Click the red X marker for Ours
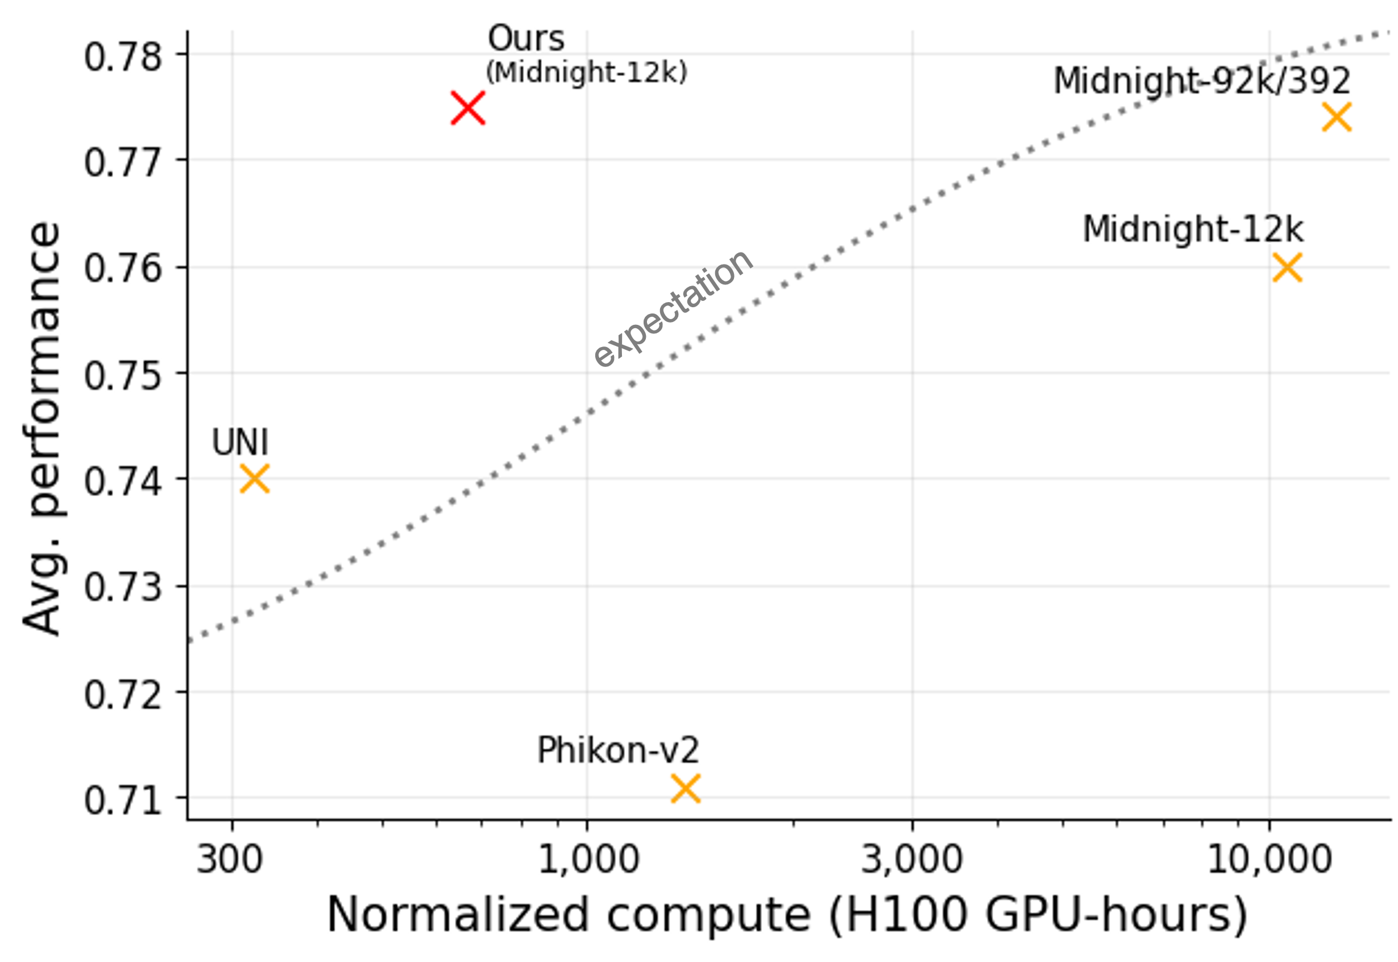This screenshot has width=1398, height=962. click(x=468, y=109)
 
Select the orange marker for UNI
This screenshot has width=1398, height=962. click(x=254, y=479)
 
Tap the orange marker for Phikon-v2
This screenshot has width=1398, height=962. click(x=686, y=788)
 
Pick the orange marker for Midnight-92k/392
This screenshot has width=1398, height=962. click(x=1337, y=117)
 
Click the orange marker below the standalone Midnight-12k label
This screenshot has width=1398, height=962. click(x=1288, y=267)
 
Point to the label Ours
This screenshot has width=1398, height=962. click(x=526, y=39)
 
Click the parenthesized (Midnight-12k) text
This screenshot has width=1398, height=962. click(x=586, y=73)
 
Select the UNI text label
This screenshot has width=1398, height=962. click(x=240, y=443)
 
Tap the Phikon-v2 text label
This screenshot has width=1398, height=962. click(x=618, y=751)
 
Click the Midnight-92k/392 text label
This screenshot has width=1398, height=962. click(x=1202, y=81)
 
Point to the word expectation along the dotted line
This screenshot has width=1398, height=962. click(x=673, y=308)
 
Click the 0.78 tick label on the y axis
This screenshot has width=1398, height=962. click(x=123, y=58)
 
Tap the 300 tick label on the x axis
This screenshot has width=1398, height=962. click(x=230, y=860)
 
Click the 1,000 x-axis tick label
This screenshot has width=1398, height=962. click(x=588, y=860)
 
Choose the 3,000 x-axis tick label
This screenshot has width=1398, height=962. click(x=911, y=860)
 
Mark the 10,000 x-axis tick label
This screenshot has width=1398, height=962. click(x=1269, y=860)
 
